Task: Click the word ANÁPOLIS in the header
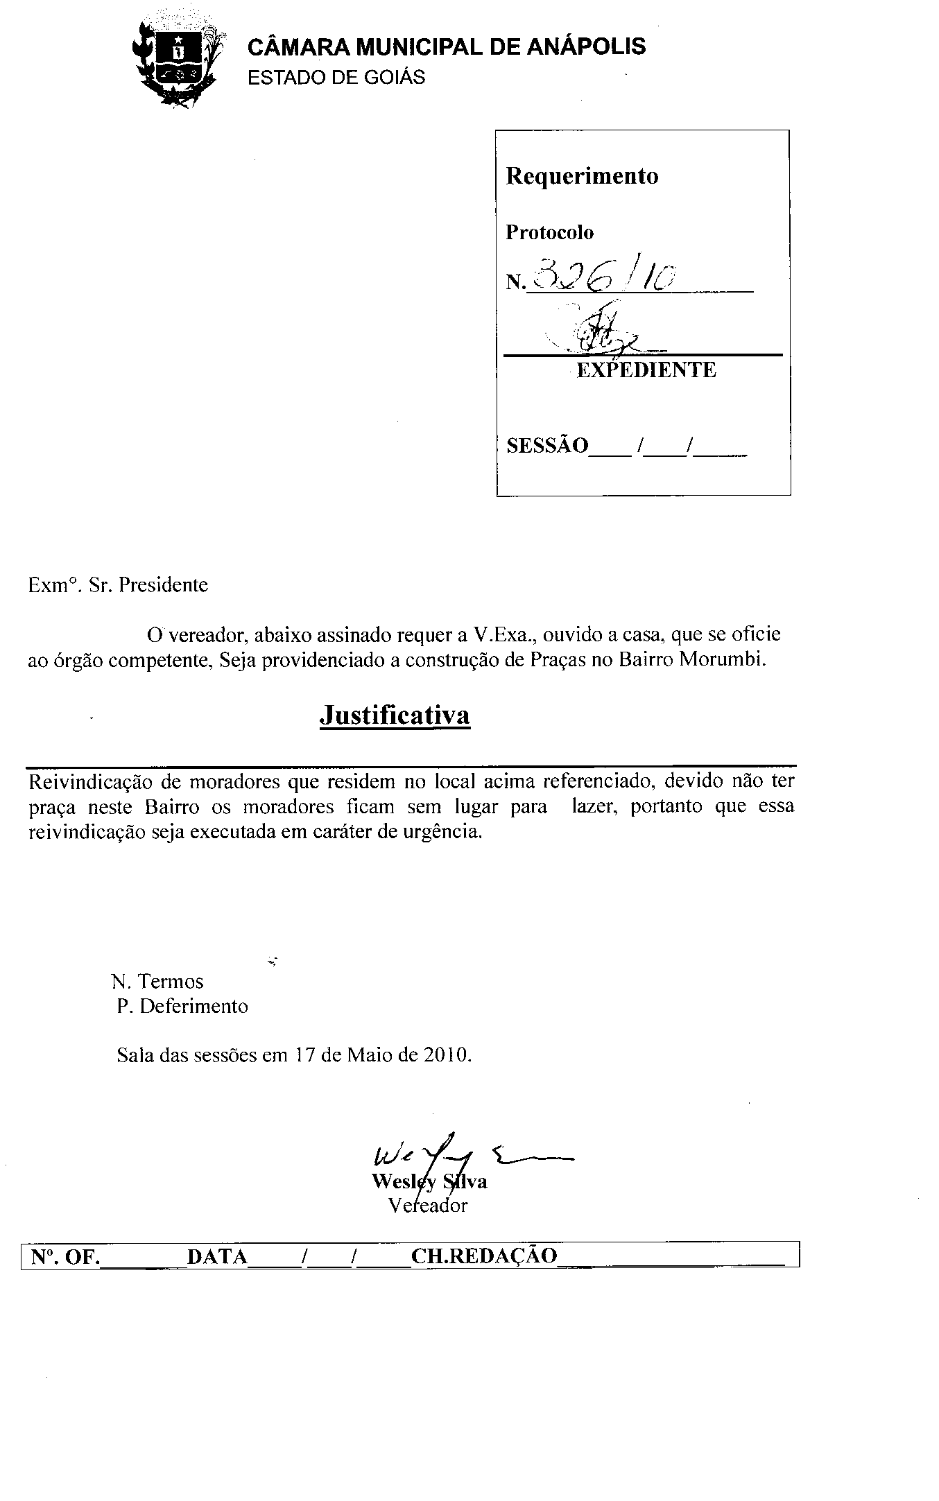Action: (x=586, y=47)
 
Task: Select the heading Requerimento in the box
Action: (x=582, y=176)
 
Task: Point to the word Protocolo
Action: (x=549, y=232)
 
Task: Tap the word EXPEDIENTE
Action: (x=646, y=370)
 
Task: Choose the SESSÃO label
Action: (x=547, y=445)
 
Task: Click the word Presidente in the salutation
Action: (x=164, y=585)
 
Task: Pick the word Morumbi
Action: (x=722, y=659)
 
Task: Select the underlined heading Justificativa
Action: (x=395, y=715)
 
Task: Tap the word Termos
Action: (x=171, y=981)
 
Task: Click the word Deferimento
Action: (x=193, y=1006)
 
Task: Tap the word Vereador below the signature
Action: (x=428, y=1205)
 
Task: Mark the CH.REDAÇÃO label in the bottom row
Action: (x=484, y=1256)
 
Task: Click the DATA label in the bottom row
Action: (x=217, y=1256)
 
